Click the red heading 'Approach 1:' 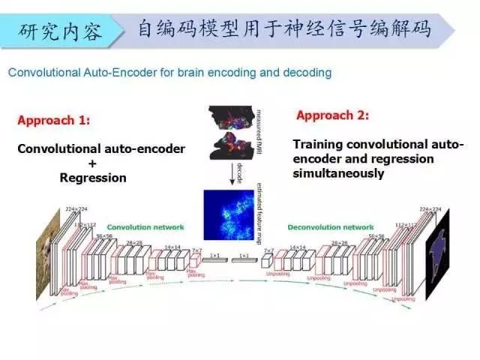pyautogui.click(x=53, y=120)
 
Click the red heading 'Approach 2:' pyautogui.click(x=333, y=115)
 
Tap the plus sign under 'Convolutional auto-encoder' pyautogui.click(x=93, y=163)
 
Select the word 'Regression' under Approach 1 pyautogui.click(x=93, y=178)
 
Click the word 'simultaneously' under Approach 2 pyautogui.click(x=338, y=173)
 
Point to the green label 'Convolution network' pyautogui.click(x=145, y=226)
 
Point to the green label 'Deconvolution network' pyautogui.click(x=331, y=226)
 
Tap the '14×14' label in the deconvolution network pyautogui.click(x=298, y=247)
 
